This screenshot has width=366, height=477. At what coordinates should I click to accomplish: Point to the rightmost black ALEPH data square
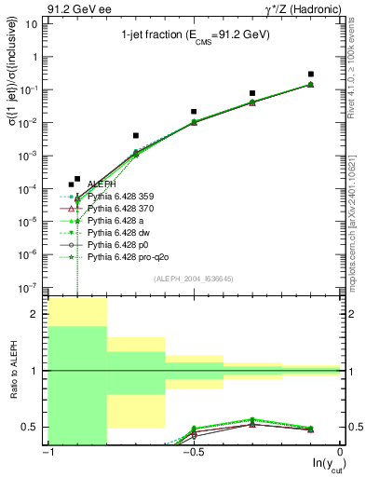(x=311, y=74)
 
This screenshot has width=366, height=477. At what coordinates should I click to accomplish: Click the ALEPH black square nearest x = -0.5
(x=194, y=112)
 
